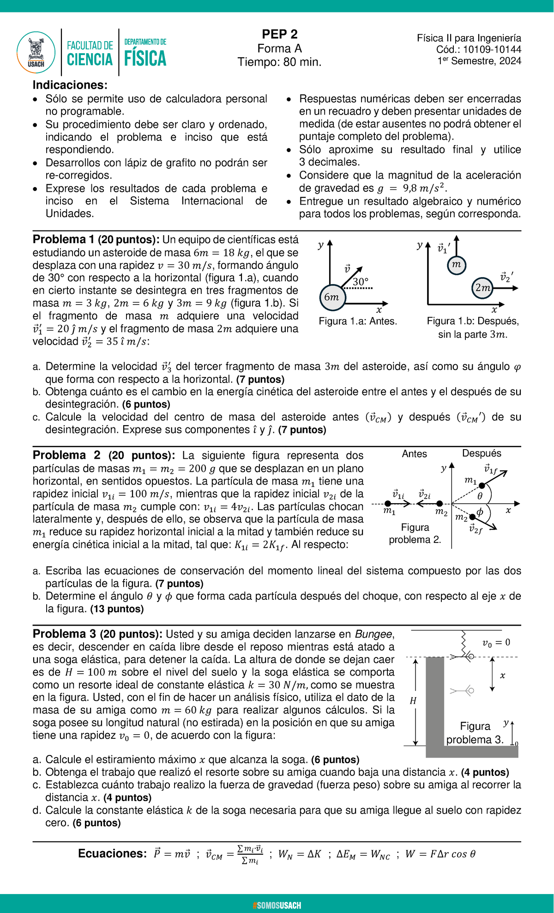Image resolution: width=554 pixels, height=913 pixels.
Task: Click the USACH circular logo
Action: click(x=36, y=52)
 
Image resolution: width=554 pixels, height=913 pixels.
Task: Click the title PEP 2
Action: click(x=279, y=34)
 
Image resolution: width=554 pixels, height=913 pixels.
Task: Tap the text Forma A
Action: click(x=279, y=49)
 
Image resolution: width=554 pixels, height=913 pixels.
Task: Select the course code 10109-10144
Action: click(x=492, y=50)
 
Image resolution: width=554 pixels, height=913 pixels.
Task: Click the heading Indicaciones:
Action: click(x=70, y=85)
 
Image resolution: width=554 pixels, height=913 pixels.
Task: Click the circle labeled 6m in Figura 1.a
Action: click(x=331, y=297)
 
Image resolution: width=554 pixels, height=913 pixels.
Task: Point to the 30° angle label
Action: click(x=361, y=281)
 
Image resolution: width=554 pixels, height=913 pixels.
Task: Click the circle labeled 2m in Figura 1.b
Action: click(x=483, y=287)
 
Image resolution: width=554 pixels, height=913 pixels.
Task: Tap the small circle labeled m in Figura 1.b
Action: click(x=457, y=265)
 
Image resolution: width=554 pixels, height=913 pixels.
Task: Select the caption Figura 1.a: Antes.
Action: click(x=358, y=321)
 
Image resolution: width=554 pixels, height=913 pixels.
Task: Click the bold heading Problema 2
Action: click(x=66, y=455)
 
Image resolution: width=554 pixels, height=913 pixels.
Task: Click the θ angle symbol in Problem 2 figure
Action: click(x=480, y=496)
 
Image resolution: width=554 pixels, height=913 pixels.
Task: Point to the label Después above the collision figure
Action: click(x=482, y=453)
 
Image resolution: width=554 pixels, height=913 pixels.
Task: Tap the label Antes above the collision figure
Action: click(x=414, y=454)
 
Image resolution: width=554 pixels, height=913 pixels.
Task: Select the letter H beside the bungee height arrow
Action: click(x=413, y=701)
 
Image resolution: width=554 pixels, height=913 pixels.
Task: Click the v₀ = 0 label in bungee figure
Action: click(x=496, y=643)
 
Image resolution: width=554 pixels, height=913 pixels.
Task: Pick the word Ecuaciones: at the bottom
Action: click(x=112, y=853)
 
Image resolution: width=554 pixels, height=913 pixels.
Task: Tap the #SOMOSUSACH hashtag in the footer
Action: click(x=277, y=905)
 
